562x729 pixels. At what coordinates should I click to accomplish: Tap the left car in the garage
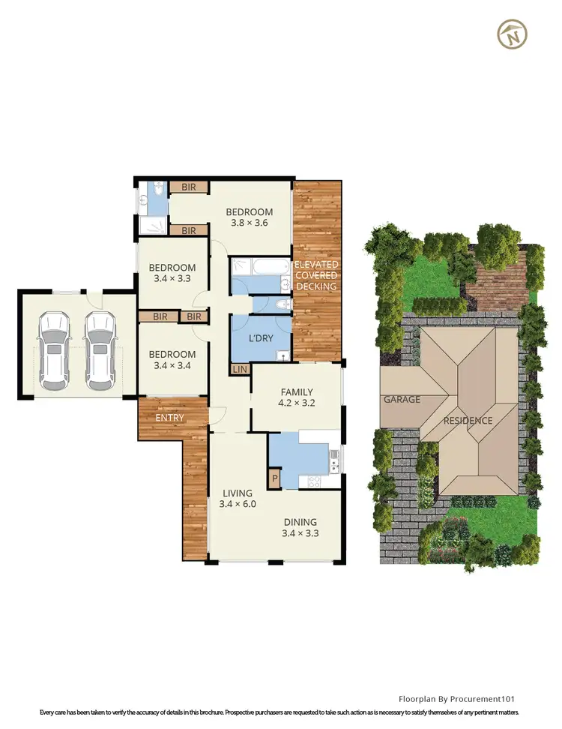[54, 350]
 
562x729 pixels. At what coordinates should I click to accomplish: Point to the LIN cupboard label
[239, 369]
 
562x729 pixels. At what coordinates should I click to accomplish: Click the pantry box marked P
[275, 478]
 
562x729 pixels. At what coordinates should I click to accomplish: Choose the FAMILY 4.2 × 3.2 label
[297, 397]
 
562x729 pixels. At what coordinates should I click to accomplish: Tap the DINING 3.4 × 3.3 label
[300, 528]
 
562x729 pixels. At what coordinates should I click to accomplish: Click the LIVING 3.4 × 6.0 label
[238, 498]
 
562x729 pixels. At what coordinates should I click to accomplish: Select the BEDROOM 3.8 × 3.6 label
[250, 217]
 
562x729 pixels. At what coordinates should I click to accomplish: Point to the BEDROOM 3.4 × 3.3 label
[172, 273]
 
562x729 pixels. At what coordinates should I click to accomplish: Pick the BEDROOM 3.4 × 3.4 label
[172, 359]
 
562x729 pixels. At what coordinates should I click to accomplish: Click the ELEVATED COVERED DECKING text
[316, 275]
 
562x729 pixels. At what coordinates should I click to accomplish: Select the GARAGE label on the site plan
[403, 400]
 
